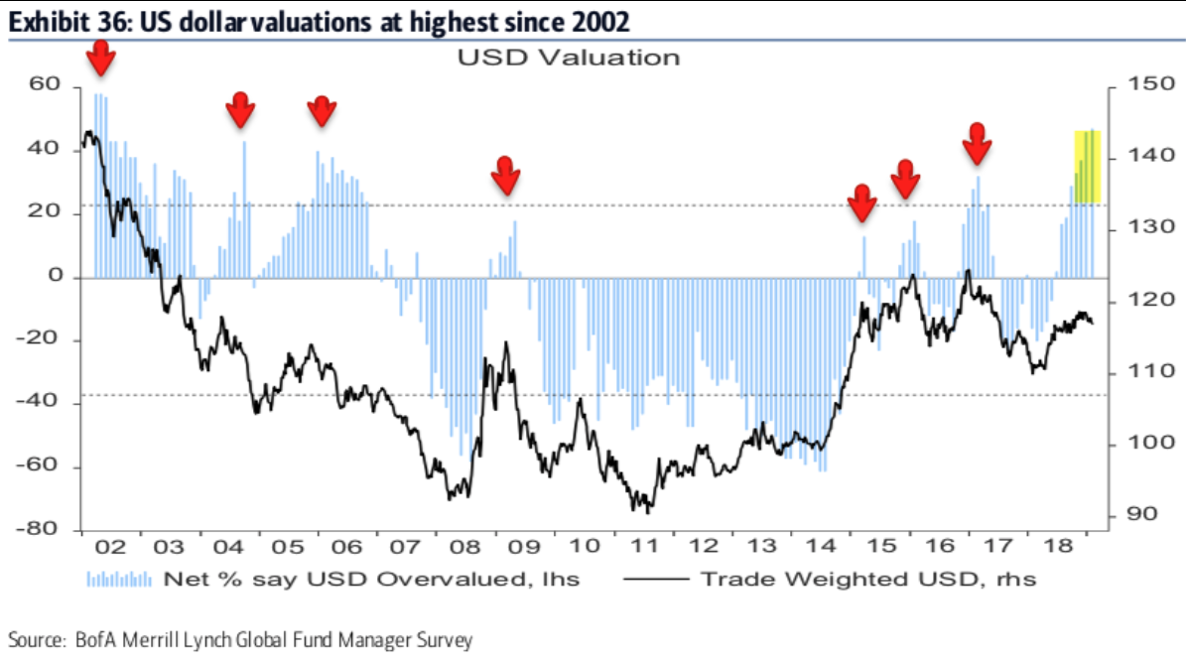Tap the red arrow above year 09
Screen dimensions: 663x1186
tap(506, 176)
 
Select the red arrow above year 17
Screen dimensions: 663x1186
tap(978, 144)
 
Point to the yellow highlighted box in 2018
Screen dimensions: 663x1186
tap(1088, 167)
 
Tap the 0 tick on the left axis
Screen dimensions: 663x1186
tap(58, 277)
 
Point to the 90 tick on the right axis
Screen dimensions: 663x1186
tap(1134, 514)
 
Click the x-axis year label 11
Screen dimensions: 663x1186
tap(646, 547)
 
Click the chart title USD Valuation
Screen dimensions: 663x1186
tap(568, 58)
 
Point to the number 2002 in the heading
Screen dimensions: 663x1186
tap(598, 19)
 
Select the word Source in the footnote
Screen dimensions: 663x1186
tap(33, 639)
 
